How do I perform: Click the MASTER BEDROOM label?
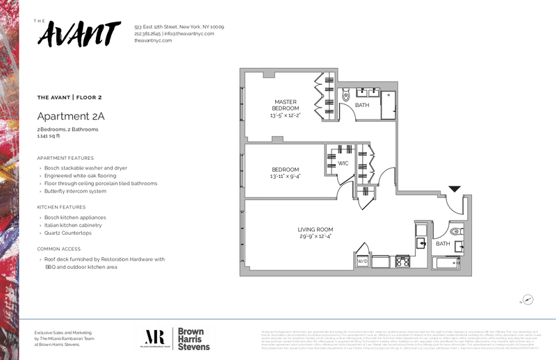[x=285, y=105]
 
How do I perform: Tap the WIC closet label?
[x=343, y=163]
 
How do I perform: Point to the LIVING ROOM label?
[x=316, y=229]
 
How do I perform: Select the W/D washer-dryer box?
[x=362, y=261]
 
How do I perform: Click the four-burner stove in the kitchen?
[x=403, y=261]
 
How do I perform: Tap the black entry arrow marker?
[x=455, y=188]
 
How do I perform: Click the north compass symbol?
[x=528, y=300]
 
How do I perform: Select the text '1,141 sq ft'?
[x=50, y=136]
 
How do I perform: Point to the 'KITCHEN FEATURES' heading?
[x=61, y=207]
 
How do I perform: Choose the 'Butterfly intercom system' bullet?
[x=75, y=191]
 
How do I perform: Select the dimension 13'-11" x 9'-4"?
[x=285, y=177]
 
